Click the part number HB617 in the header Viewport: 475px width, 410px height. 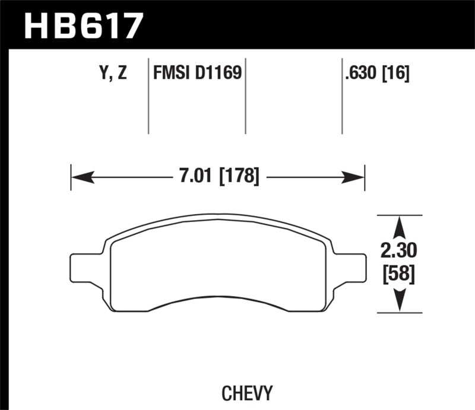[x=83, y=26]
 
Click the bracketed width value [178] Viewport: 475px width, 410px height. [x=239, y=176]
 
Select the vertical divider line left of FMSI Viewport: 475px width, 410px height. [x=148, y=95]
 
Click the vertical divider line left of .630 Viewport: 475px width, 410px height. [x=342, y=95]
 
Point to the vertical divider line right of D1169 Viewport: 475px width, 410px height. [x=246, y=95]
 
